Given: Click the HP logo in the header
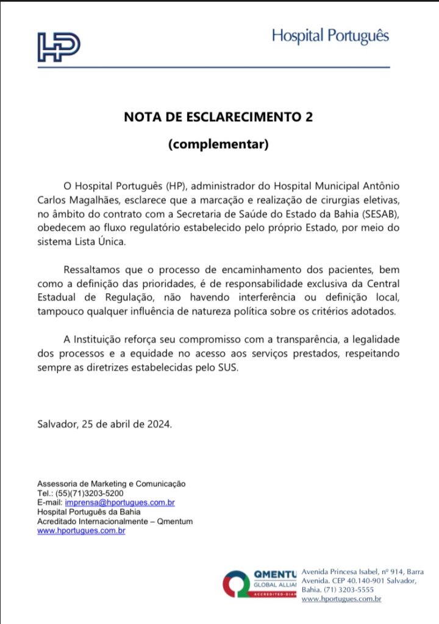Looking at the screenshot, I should point(59,47).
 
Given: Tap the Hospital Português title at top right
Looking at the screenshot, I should point(330,36).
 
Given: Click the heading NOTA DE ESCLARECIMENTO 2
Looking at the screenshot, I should point(218,118).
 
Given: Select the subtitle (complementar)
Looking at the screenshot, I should point(218,145).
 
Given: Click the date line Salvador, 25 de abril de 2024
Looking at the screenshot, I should point(105,424).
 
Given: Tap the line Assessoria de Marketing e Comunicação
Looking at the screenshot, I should point(112,483).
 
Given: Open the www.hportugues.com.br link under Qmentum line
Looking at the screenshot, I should point(81,531).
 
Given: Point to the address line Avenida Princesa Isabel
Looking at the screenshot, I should point(362,571).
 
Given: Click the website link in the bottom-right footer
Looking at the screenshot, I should point(341,600).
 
